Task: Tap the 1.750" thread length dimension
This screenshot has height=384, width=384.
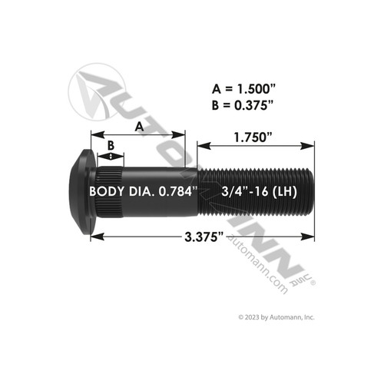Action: tap(247, 137)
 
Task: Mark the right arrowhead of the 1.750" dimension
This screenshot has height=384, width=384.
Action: tap(311, 144)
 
